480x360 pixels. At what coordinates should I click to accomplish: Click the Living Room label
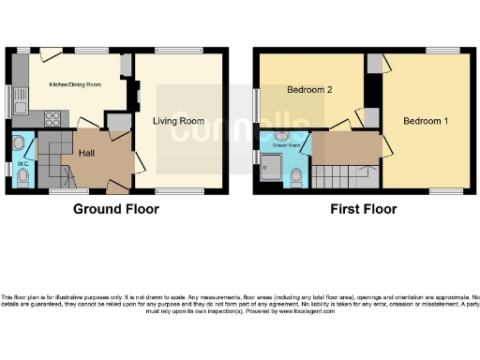[179, 121]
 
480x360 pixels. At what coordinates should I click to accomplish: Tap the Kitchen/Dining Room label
[74, 84]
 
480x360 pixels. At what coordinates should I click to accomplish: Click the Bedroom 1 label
[426, 121]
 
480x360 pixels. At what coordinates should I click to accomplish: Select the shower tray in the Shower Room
[274, 170]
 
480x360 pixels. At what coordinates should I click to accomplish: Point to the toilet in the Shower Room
[296, 175]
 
